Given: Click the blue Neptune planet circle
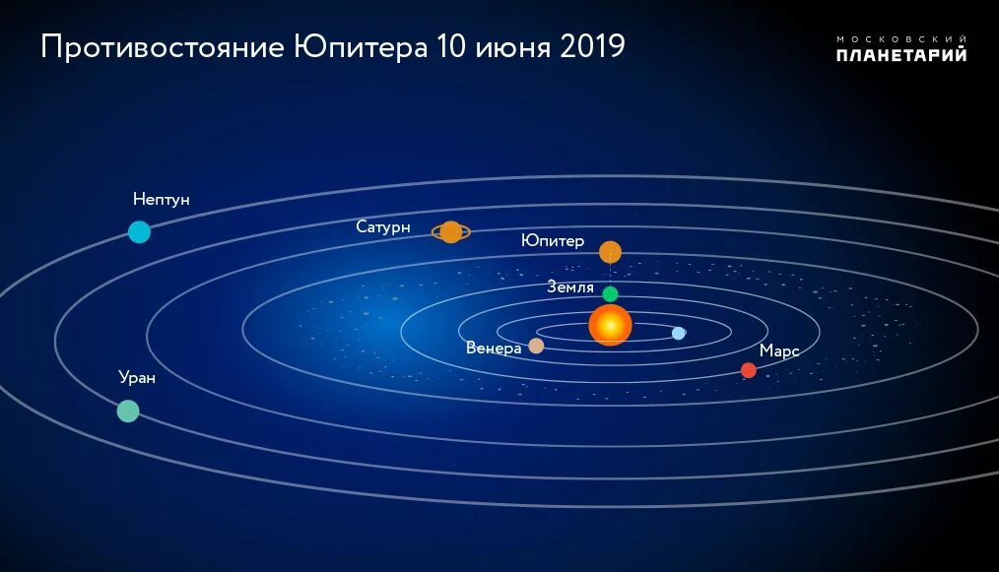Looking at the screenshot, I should [139, 232].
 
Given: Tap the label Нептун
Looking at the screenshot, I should [162, 200].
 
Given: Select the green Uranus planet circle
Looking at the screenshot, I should [128, 411].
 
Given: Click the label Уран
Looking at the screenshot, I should [137, 377].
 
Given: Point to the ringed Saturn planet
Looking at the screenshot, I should [450, 231].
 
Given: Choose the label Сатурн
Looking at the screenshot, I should [383, 226].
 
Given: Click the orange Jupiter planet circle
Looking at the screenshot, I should [610, 252].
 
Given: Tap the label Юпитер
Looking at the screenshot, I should [553, 241].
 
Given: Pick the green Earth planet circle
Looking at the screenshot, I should [610, 293].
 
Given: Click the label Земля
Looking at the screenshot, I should [570, 287].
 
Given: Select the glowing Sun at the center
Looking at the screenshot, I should [610, 324].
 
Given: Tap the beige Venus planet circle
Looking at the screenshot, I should [536, 346].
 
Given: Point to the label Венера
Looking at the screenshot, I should [494, 348].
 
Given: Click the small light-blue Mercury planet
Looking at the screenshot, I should [678, 333].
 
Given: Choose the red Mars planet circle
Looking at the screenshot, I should [748, 370].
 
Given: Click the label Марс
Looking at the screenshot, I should [778, 350].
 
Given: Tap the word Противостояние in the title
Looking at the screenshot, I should [163, 47].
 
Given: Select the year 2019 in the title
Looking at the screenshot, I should [592, 47].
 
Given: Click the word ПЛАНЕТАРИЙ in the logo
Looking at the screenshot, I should [900, 55].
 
